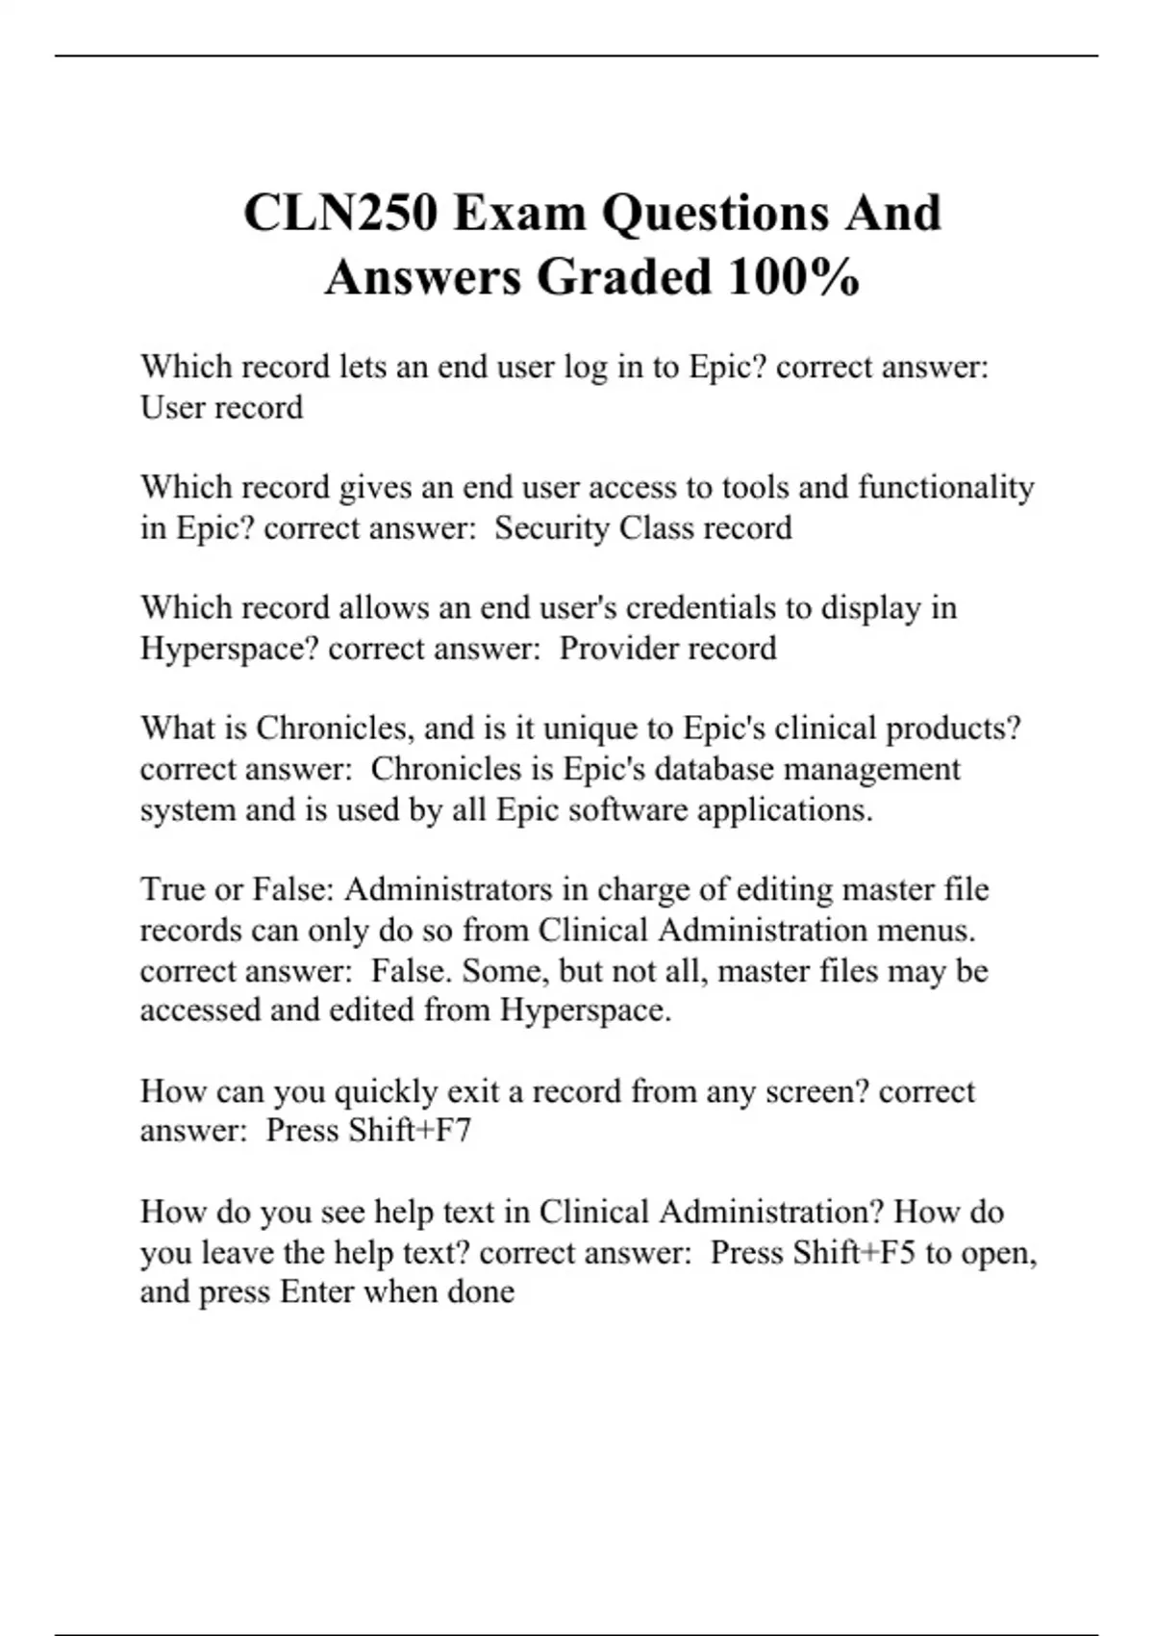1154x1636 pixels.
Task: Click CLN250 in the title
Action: pyautogui.click(x=339, y=213)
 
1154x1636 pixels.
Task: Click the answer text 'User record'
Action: pyautogui.click(x=221, y=408)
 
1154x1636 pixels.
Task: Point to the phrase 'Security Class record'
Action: pyautogui.click(x=643, y=528)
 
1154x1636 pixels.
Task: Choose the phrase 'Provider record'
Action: pyautogui.click(x=667, y=649)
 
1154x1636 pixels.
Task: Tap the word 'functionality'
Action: pyautogui.click(x=945, y=488)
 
